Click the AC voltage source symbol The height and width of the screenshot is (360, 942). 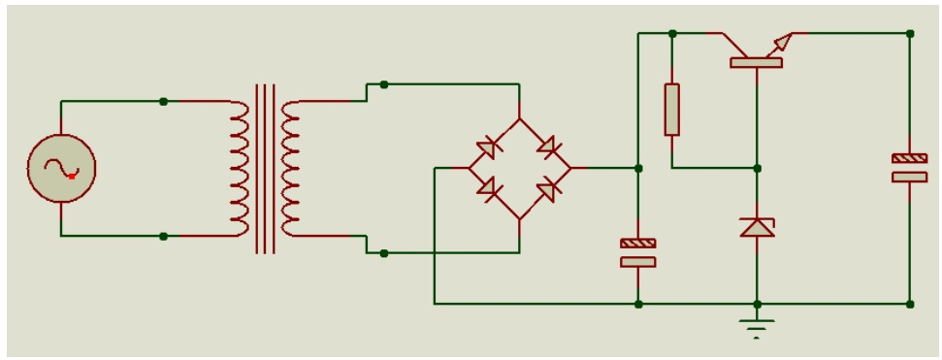tap(60, 168)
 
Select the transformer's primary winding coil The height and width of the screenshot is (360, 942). tap(240, 168)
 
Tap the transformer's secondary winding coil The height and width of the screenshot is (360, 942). tap(289, 168)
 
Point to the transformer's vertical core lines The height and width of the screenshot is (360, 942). tap(265, 168)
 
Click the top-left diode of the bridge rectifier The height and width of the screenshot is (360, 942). tap(489, 148)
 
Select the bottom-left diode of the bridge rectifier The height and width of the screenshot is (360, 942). tap(489, 188)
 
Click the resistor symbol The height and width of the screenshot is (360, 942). tap(671, 109)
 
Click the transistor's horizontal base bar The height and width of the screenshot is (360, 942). tap(756, 63)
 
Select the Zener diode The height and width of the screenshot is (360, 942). tap(757, 227)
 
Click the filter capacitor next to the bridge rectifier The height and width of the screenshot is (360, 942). tap(637, 252)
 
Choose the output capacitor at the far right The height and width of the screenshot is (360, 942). tap(909, 167)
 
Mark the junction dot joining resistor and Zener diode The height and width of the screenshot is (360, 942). tap(757, 168)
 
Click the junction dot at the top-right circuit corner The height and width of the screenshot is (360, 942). tap(909, 33)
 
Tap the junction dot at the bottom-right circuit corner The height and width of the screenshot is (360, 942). tap(909, 304)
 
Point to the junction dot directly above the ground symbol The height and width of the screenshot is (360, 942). tap(757, 304)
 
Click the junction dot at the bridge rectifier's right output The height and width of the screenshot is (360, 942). tap(637, 168)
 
